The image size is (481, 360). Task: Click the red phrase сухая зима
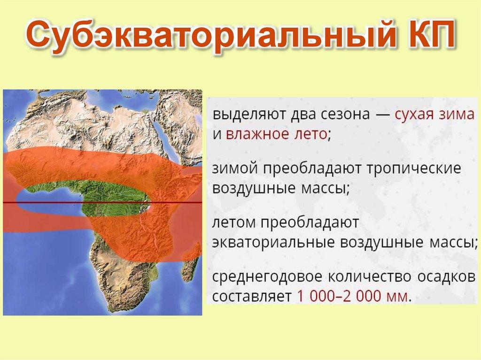pyautogui.click(x=434, y=115)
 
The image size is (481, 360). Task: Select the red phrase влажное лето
pyautogui.click(x=276, y=134)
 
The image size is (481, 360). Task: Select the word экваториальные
pyautogui.click(x=273, y=243)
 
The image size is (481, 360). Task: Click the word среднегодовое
pyautogui.click(x=267, y=277)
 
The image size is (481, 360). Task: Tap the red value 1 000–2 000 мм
pyautogui.click(x=352, y=297)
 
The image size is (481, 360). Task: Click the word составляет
pyautogui.click(x=252, y=297)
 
